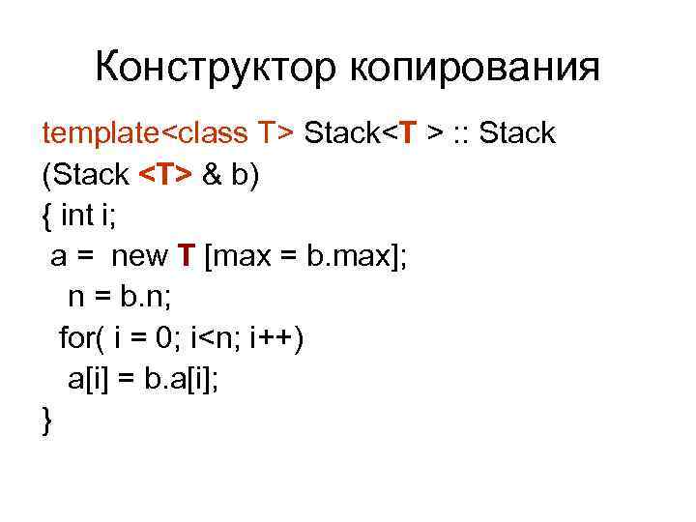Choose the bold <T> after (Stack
click(166, 175)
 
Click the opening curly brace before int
click(48, 217)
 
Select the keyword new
click(141, 257)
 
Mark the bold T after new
click(187, 257)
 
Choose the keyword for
click(77, 338)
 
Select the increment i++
click(274, 338)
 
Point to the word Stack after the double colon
click(517, 133)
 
